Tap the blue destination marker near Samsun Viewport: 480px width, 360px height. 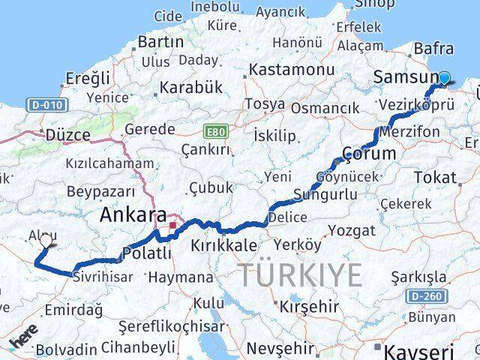pyautogui.click(x=445, y=79)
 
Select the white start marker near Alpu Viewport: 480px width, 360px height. pyautogui.click(x=46, y=241)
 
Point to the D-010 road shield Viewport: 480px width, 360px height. pyautogui.click(x=45, y=106)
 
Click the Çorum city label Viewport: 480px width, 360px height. pyautogui.click(x=368, y=153)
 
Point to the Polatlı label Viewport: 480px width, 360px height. pyautogui.click(x=145, y=253)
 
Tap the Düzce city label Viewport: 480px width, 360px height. pyautogui.click(x=67, y=135)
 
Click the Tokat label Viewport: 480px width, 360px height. pyautogui.click(x=438, y=178)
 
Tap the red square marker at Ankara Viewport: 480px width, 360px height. pyautogui.click(x=173, y=224)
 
